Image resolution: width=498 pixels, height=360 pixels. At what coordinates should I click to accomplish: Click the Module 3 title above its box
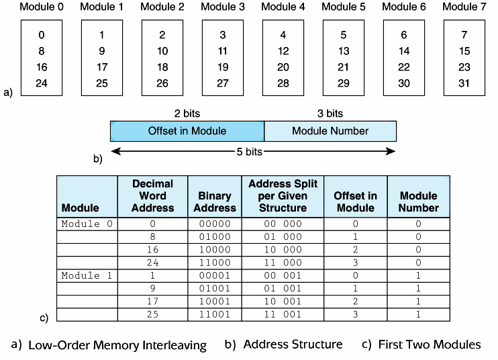[223, 7]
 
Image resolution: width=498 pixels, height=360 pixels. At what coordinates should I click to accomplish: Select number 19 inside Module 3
[223, 67]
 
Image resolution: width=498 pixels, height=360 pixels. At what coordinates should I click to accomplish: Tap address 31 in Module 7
[464, 83]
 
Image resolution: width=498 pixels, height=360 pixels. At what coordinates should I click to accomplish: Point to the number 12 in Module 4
[283, 51]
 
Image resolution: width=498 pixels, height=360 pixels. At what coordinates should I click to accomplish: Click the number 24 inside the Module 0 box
[42, 83]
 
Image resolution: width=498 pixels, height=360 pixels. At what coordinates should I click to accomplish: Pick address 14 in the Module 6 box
[403, 51]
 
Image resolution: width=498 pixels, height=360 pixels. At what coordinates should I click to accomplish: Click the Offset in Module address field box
[187, 131]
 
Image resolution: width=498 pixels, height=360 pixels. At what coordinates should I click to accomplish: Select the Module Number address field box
[330, 131]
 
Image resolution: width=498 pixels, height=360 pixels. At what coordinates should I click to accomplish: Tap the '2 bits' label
[187, 114]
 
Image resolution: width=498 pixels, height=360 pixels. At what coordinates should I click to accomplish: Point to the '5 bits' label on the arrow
[249, 152]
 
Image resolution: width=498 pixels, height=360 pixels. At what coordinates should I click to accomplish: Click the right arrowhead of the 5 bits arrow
[391, 151]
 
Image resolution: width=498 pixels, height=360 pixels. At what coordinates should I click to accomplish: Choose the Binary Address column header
[215, 201]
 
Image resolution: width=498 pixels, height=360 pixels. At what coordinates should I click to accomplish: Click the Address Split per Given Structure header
[283, 195]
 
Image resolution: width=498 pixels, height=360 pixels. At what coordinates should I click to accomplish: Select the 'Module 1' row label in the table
[87, 275]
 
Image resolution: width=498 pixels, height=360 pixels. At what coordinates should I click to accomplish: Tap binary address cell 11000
[215, 263]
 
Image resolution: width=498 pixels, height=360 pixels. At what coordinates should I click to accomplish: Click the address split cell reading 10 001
[283, 301]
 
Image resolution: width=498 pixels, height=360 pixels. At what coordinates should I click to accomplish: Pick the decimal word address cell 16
[152, 250]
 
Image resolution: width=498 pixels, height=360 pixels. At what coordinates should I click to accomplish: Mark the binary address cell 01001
[215, 289]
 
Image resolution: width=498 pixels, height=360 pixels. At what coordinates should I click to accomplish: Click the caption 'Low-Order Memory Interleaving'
[117, 345]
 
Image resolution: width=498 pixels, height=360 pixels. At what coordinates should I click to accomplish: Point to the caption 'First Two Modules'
[430, 345]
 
